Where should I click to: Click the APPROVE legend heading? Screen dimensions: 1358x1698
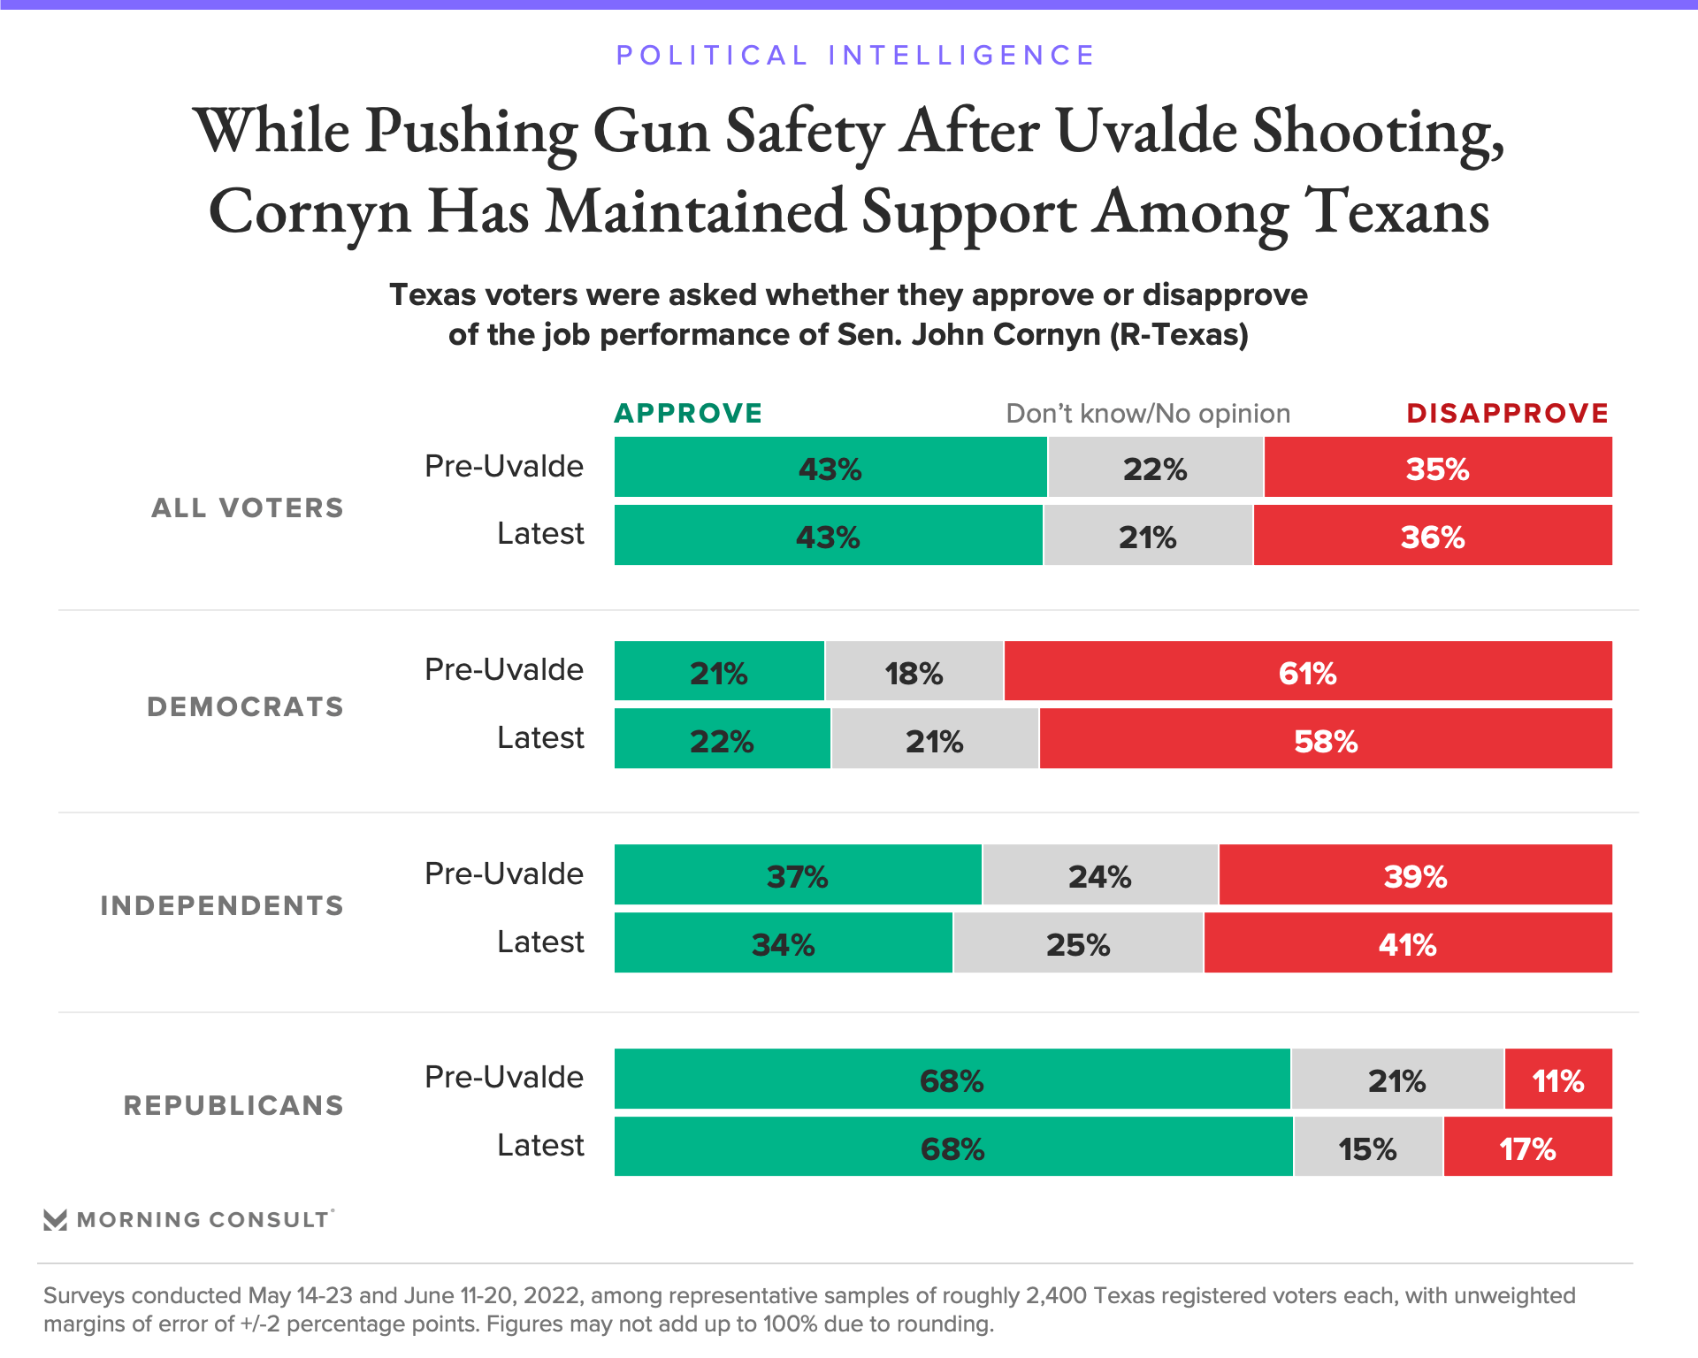pos(688,413)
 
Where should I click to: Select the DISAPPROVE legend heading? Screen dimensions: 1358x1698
pos(1507,413)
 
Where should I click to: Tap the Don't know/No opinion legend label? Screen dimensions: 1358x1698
pos(1147,414)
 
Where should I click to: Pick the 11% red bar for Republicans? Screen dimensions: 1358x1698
pos(1557,1080)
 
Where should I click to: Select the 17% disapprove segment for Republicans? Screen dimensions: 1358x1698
pos(1527,1148)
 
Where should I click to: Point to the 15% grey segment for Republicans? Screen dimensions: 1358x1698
pos(1367,1148)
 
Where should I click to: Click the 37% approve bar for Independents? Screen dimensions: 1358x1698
pos(797,875)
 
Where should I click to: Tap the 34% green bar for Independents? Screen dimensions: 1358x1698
pos(783,943)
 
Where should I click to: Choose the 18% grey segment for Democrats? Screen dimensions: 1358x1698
pos(914,672)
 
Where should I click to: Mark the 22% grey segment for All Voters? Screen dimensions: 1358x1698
pos(1155,468)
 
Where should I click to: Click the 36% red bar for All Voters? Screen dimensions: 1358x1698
pos(1433,536)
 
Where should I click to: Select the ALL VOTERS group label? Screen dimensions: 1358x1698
pos(248,507)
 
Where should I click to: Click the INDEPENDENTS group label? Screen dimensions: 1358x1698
pos(222,905)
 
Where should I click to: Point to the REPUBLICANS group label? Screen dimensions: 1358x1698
pos(233,1105)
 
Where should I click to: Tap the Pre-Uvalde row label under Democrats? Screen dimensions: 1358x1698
pos(504,669)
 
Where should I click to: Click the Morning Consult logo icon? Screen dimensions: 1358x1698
pos(55,1220)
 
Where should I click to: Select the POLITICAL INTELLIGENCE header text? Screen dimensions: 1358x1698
pos(855,55)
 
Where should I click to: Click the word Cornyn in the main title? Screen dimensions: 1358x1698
pos(310,213)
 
